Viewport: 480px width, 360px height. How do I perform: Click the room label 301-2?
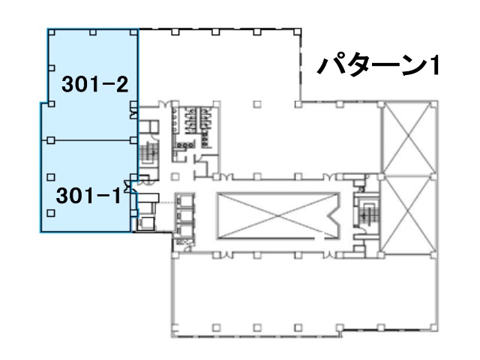coord(95,84)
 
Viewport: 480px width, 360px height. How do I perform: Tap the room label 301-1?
coord(88,196)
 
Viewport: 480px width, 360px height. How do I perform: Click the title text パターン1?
coord(378,65)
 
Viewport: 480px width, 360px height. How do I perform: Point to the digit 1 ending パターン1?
coord(433,65)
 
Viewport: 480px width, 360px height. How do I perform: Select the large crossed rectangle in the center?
coord(278,215)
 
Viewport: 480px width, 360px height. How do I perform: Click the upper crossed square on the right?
coord(409,139)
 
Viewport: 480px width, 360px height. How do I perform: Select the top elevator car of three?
coord(184,201)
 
